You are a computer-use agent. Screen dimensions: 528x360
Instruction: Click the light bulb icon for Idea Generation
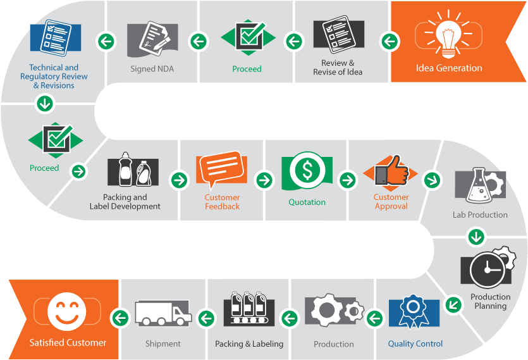pyautogui.click(x=448, y=35)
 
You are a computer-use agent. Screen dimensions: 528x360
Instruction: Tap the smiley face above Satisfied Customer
pyautogui.click(x=66, y=311)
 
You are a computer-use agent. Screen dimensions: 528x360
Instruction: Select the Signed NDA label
pyautogui.click(x=152, y=69)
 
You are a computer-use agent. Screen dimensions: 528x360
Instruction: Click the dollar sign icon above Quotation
pyautogui.click(x=307, y=170)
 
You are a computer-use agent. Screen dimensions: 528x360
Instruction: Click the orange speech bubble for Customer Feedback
pyautogui.click(x=221, y=168)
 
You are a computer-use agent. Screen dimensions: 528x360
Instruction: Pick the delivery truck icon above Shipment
pyautogui.click(x=163, y=313)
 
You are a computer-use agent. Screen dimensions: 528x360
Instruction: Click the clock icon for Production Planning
pyautogui.click(x=488, y=270)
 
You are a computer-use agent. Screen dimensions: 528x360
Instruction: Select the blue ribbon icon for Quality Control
pyautogui.click(x=414, y=311)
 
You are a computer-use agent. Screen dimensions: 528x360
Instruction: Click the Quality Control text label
pyautogui.click(x=415, y=344)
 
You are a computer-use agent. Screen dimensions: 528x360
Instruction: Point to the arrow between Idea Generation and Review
pyautogui.click(x=390, y=42)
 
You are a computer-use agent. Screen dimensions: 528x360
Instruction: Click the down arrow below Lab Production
pyautogui.click(x=476, y=237)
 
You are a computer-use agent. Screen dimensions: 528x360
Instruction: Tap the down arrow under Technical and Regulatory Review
pyautogui.click(x=45, y=104)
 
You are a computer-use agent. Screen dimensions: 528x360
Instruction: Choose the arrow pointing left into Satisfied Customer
pyautogui.click(x=120, y=318)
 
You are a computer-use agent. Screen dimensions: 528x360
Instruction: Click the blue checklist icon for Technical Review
pyautogui.click(x=56, y=38)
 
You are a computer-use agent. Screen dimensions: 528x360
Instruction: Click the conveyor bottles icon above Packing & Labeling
pyautogui.click(x=249, y=307)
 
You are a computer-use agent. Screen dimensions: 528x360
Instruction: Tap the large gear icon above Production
pyautogui.click(x=326, y=310)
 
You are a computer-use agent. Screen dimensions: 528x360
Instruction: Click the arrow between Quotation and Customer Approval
pyautogui.click(x=348, y=180)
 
